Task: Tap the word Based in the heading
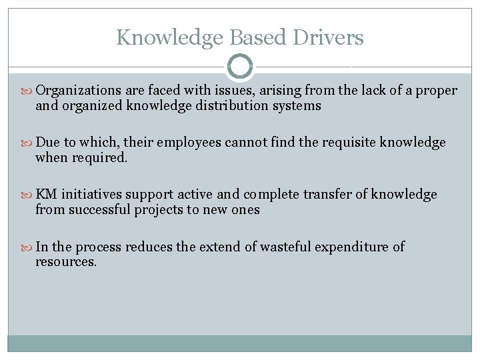(x=261, y=37)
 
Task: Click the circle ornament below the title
(x=239, y=67)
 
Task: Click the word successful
(x=100, y=209)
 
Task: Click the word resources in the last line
(x=65, y=261)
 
